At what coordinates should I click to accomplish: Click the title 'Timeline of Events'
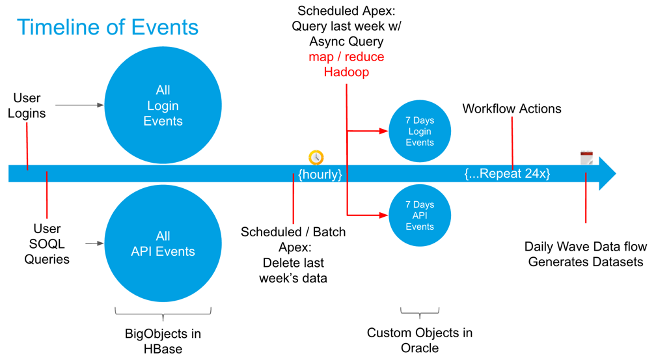[x=107, y=27]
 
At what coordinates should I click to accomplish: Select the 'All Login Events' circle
[x=163, y=105]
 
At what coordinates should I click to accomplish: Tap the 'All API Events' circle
[x=163, y=243]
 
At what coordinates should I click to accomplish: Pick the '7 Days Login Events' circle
[x=420, y=132]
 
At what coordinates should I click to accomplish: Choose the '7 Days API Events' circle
[x=420, y=215]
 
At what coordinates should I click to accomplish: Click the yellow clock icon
[x=316, y=158]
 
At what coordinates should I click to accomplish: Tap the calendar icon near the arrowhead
[x=586, y=158]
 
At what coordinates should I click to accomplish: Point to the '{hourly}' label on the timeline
[x=320, y=174]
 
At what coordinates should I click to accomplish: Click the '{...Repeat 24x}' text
[x=507, y=174]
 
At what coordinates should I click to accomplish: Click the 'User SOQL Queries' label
[x=47, y=243]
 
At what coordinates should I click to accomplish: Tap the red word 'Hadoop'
[x=346, y=72]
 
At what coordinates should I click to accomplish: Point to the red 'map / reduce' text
[x=346, y=57]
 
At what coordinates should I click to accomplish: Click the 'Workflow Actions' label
[x=512, y=109]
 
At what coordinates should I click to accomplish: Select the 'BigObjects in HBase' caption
[x=163, y=341]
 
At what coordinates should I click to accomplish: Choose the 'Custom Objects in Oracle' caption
[x=420, y=340]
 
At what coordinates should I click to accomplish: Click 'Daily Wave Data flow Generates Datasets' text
[x=586, y=254]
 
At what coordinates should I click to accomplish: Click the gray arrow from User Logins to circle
[x=79, y=105]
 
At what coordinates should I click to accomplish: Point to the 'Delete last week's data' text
[x=293, y=270]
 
